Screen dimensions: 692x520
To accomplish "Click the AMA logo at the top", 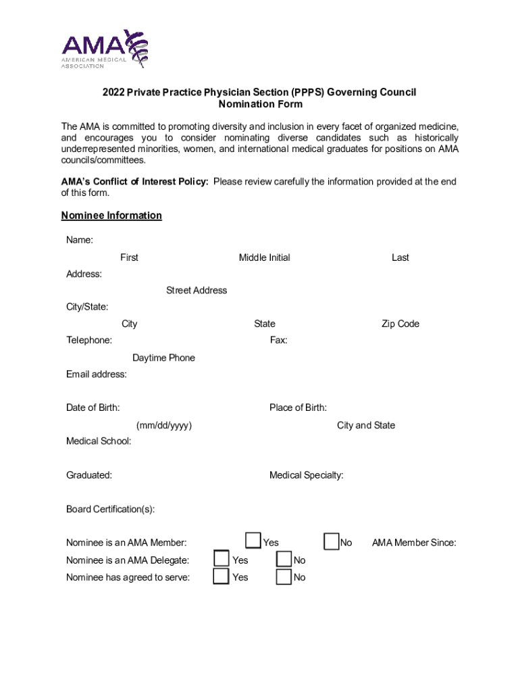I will (105, 49).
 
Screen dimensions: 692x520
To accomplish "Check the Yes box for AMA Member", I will (253, 541).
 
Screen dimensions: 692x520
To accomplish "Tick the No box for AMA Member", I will (331, 541).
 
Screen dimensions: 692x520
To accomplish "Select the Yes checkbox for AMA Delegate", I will (221, 558).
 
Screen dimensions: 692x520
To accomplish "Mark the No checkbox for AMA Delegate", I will (284, 559).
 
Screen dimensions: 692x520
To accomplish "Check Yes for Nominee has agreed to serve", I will (221, 576).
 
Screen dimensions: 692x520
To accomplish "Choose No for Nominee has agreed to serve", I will (284, 576).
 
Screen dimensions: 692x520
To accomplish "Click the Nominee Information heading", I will (111, 216).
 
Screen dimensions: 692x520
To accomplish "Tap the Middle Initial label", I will (264, 257).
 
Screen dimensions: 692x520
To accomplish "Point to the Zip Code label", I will (400, 324).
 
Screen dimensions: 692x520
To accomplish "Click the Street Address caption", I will (197, 291).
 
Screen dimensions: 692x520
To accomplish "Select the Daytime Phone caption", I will (163, 358).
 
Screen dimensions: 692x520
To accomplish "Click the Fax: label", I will (279, 341).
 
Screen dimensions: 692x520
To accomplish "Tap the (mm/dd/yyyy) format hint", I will (164, 426).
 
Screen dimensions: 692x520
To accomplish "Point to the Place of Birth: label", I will (298, 407).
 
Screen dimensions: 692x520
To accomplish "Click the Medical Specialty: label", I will (306, 476).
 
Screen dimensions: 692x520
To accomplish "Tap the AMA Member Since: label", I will (414, 543).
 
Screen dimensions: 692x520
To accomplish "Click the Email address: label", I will (96, 374).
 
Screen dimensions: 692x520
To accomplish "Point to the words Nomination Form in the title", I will (260, 104).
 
